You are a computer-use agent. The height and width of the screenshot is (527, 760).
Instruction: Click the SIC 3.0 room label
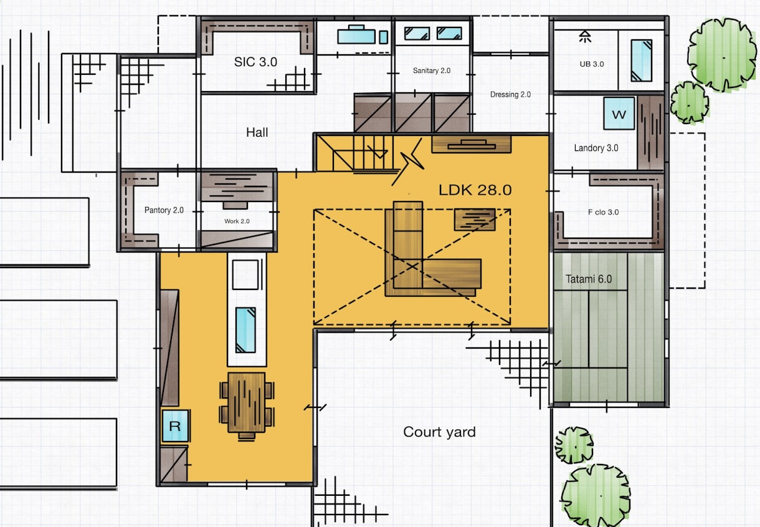tap(255, 62)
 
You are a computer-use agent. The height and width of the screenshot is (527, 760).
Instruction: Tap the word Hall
tap(257, 132)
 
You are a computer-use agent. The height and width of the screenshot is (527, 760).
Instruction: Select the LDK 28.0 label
tap(475, 190)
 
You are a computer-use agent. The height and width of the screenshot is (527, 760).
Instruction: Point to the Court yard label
tap(439, 432)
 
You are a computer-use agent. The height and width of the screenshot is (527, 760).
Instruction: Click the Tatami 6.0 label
tap(589, 279)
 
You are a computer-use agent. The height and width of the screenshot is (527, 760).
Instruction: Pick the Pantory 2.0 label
tap(164, 210)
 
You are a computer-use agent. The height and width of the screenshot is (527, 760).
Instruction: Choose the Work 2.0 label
tap(237, 221)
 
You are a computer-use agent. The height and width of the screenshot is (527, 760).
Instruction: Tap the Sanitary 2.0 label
tap(432, 70)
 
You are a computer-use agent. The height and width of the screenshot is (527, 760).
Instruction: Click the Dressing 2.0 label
tap(510, 94)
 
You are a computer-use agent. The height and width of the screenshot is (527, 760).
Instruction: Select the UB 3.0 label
tap(592, 64)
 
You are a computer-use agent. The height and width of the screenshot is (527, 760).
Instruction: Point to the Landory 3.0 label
tap(596, 148)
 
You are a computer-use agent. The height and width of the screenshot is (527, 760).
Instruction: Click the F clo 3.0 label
tap(603, 212)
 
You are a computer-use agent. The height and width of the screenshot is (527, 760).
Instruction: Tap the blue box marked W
tap(619, 114)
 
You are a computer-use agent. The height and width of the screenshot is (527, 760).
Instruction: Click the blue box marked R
tap(175, 426)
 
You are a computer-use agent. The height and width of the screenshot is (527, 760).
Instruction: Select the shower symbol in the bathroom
tap(585, 37)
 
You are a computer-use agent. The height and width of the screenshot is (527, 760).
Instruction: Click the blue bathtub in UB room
tap(641, 60)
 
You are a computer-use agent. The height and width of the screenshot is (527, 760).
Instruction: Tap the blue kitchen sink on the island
tap(245, 330)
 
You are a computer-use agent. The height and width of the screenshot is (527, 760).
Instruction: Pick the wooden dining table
tap(247, 403)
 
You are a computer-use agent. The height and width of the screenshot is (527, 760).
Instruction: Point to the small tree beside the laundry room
tap(690, 102)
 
